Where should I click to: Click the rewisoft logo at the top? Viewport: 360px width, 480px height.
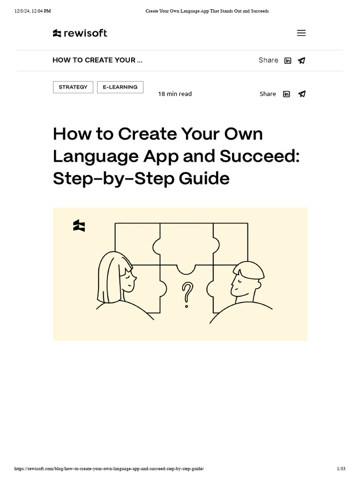click(80, 33)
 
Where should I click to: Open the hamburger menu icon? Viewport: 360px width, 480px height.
click(301, 33)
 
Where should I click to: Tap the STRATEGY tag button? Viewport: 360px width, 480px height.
click(73, 87)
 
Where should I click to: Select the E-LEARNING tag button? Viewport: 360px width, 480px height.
click(120, 87)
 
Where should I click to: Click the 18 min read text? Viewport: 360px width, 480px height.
click(175, 94)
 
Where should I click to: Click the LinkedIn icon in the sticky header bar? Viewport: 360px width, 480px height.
click(288, 60)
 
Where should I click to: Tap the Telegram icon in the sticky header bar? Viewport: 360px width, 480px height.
click(302, 60)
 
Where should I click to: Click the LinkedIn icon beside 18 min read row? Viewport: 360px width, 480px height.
click(286, 94)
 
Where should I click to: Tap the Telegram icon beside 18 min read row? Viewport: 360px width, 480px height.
click(302, 94)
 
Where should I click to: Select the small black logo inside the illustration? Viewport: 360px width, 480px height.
click(79, 226)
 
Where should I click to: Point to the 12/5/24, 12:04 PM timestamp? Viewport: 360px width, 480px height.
click(32, 11)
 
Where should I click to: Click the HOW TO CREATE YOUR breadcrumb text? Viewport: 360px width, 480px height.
click(97, 60)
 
